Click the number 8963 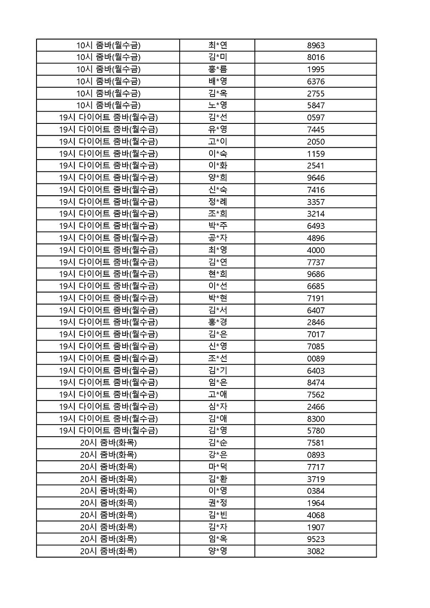316,45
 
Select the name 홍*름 218,69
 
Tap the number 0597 316,118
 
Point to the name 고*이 218,142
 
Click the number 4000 316,250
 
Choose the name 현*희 218,274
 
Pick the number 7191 316,299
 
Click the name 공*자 218,238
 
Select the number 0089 316,359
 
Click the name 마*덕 218,467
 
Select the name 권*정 218,503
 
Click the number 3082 316,551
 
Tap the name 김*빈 218,515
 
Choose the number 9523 316,539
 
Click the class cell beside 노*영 108,105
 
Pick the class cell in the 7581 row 108,443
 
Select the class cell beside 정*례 108,202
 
